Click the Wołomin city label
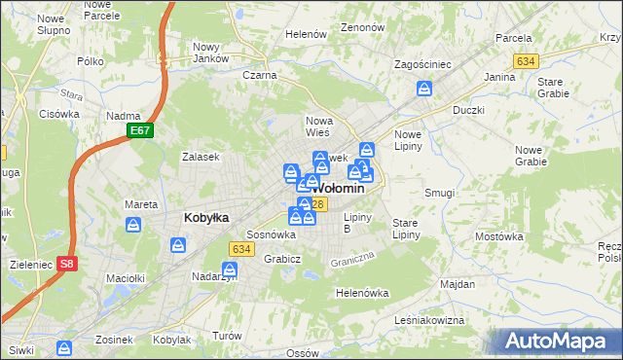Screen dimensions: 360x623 (340, 188)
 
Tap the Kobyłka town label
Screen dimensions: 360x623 (206, 218)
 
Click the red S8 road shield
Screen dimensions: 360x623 (65, 263)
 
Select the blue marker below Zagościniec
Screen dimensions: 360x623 (424, 90)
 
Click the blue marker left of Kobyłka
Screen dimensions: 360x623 (134, 226)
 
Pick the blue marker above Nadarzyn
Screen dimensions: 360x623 (230, 268)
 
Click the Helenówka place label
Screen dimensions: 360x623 (362, 292)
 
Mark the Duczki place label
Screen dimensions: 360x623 (468, 110)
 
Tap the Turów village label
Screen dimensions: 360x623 (227, 335)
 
